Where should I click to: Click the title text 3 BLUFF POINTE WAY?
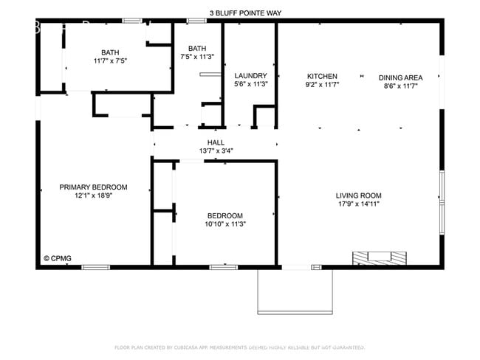click(x=246, y=13)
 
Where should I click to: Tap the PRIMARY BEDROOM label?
click(x=93, y=187)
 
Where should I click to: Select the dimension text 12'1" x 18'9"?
click(x=93, y=197)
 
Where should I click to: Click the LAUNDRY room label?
click(x=250, y=76)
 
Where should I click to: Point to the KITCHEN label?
click(x=322, y=76)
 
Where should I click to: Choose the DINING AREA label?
click(x=401, y=77)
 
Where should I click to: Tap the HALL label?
click(x=216, y=142)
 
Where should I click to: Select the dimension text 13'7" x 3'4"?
click(x=216, y=151)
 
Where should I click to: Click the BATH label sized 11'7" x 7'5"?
click(x=110, y=52)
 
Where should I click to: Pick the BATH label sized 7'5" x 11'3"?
click(x=197, y=48)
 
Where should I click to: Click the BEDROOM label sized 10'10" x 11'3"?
click(x=225, y=215)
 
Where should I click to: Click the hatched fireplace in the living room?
click(x=379, y=257)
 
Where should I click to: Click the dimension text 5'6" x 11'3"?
click(x=250, y=85)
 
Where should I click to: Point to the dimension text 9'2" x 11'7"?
click(x=322, y=86)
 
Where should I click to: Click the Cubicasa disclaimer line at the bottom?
click(x=239, y=347)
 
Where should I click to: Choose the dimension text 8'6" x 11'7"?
click(x=401, y=86)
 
